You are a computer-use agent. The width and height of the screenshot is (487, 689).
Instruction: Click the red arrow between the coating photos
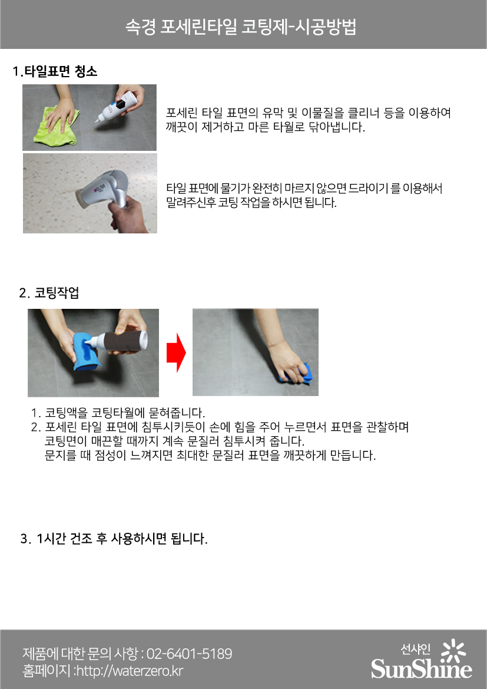point(176,352)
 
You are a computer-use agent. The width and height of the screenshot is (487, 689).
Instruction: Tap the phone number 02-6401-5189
point(189,654)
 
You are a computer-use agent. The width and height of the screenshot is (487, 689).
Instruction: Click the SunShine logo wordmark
point(421,669)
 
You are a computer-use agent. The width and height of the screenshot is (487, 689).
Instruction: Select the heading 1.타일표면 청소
point(55,72)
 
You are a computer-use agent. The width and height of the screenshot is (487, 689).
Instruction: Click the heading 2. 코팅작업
point(49,293)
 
